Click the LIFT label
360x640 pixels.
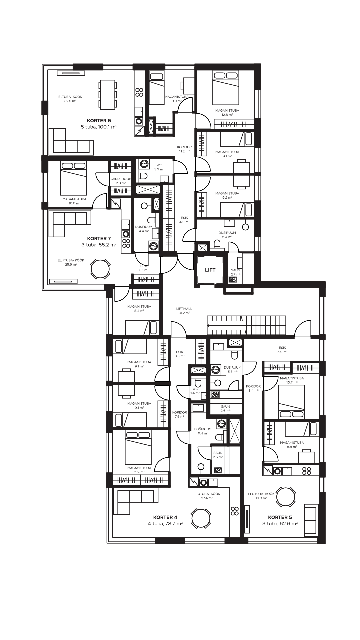pos(210,270)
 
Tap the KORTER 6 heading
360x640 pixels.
pos(99,121)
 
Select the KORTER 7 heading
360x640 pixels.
pos(99,238)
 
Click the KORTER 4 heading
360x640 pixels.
pos(165,517)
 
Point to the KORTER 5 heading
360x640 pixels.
pos(280,517)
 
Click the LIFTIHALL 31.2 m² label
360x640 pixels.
pos(184,311)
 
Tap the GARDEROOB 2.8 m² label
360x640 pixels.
pos(121,181)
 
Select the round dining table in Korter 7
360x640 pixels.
pos(100,269)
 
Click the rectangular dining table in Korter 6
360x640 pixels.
pos(108,94)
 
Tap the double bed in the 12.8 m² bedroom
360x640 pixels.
pos(226,87)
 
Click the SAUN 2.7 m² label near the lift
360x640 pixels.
pos(236,272)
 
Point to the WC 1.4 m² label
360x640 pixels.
pos(195,391)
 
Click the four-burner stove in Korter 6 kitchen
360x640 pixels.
pos(139,92)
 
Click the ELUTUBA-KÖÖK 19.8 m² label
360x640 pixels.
pos(261,496)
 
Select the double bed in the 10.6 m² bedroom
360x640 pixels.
pos(73,178)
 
